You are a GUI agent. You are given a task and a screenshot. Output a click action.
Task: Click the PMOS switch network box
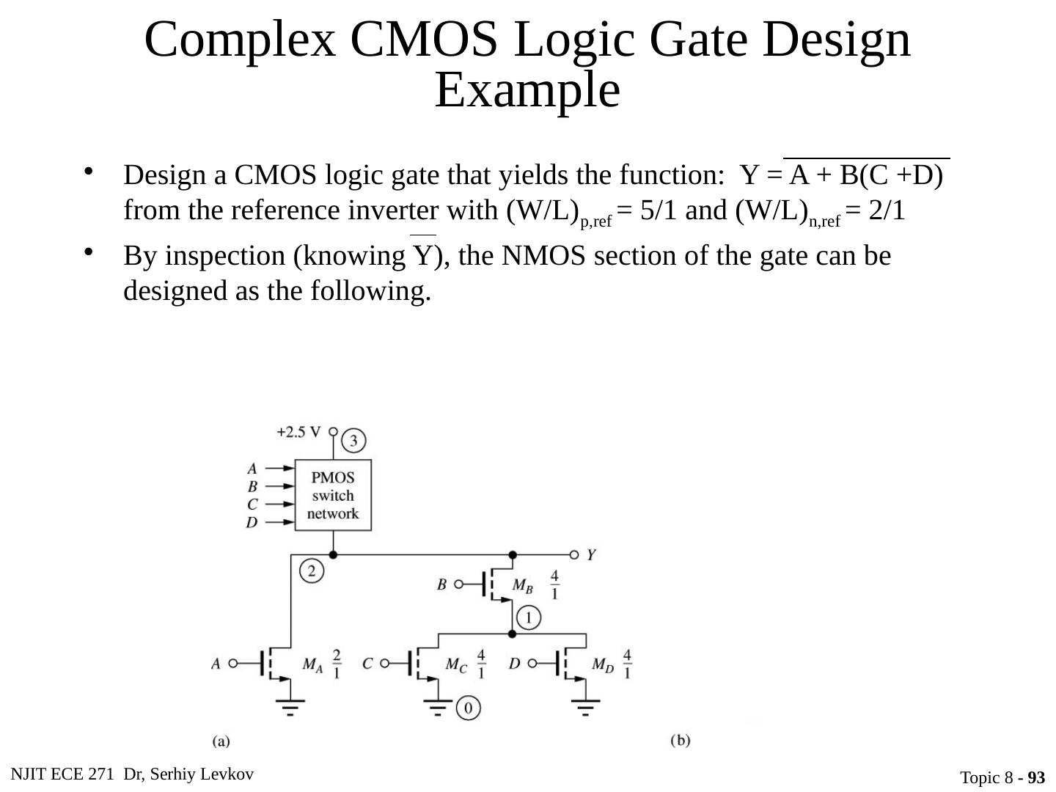pyautogui.click(x=333, y=496)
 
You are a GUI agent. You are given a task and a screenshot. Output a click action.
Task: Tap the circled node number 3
pyautogui.click(x=353, y=441)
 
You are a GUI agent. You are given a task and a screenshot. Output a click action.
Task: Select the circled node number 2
pyautogui.click(x=312, y=571)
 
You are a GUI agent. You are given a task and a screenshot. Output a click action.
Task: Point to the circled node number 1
pyautogui.click(x=529, y=617)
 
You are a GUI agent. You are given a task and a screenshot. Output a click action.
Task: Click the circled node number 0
pyautogui.click(x=469, y=708)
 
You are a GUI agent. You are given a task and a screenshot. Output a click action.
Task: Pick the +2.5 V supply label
pyautogui.click(x=298, y=432)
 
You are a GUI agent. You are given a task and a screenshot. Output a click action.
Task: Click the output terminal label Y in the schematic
pyautogui.click(x=591, y=555)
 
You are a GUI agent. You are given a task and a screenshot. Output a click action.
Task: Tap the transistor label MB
pyautogui.click(x=522, y=585)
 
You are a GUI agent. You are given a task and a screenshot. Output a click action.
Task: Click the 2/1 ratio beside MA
pyautogui.click(x=337, y=664)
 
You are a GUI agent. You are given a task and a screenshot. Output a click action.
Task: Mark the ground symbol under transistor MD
pyautogui.click(x=585, y=705)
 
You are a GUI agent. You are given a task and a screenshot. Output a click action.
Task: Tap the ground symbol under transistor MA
pyautogui.click(x=291, y=705)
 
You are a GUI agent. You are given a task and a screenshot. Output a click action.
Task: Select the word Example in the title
pyautogui.click(x=527, y=91)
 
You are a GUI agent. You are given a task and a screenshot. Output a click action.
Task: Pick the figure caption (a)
pyautogui.click(x=221, y=741)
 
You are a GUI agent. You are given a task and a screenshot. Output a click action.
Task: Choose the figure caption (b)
pyautogui.click(x=681, y=741)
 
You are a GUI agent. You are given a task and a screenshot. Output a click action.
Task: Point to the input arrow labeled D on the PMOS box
pyautogui.click(x=277, y=522)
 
